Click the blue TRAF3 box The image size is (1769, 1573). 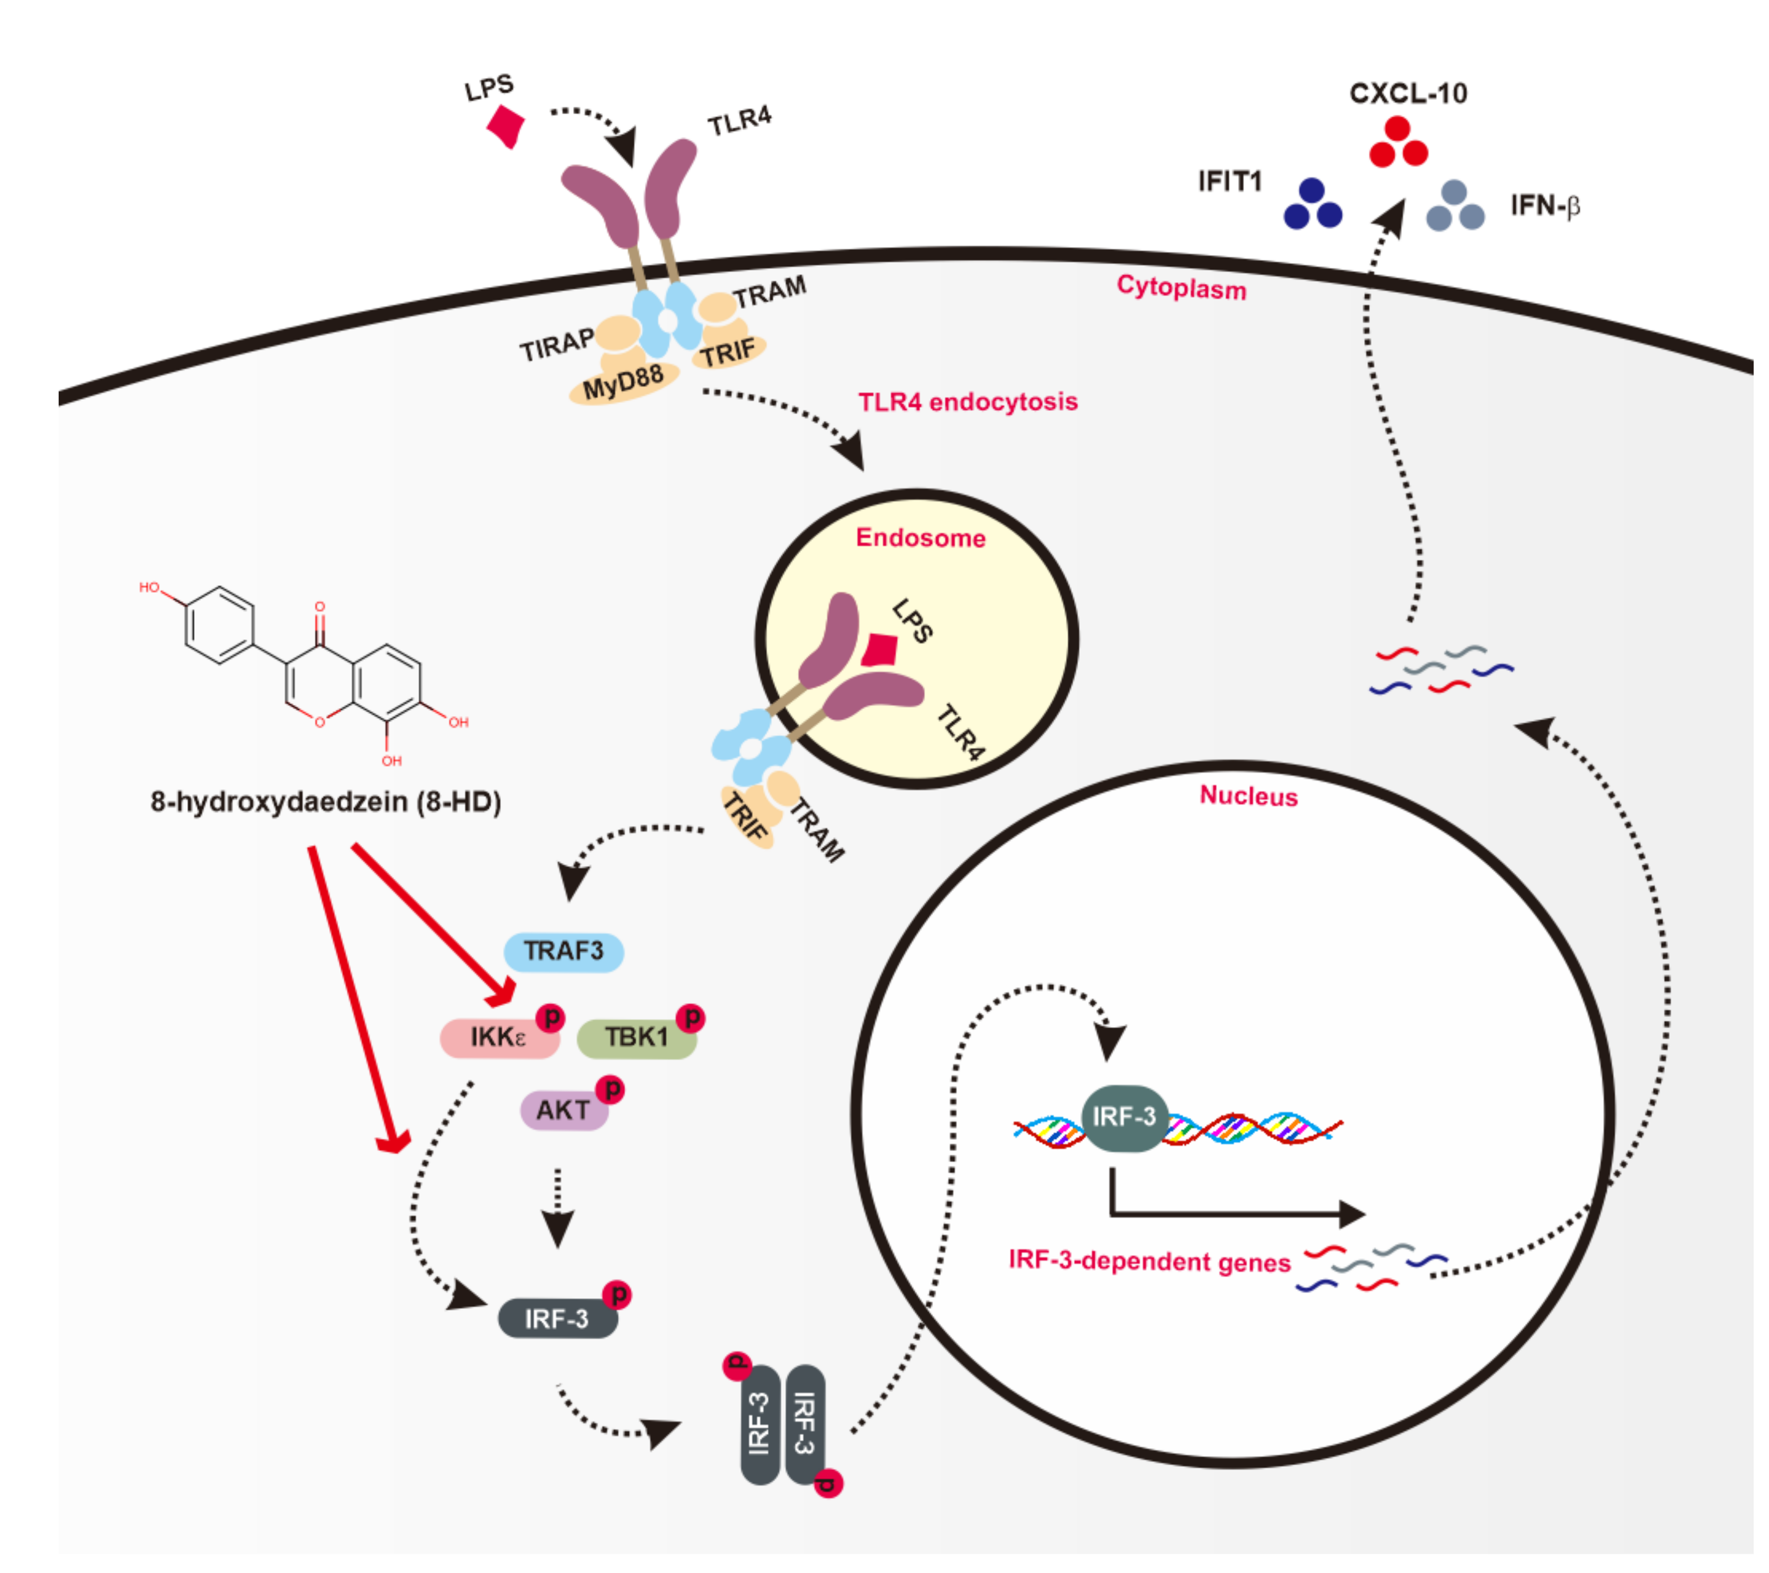(x=563, y=951)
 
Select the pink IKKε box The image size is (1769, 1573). (x=498, y=1037)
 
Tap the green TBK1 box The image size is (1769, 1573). (x=636, y=1037)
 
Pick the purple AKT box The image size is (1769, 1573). (x=563, y=1110)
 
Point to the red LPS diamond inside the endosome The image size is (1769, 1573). (x=882, y=649)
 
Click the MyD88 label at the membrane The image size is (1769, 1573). (x=623, y=382)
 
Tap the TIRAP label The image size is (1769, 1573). (x=556, y=345)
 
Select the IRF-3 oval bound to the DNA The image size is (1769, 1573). (x=1123, y=1118)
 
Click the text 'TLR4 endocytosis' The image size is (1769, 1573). (x=968, y=402)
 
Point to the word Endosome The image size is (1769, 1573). (x=920, y=538)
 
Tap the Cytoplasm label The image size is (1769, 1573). (x=1181, y=288)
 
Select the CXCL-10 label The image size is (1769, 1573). (x=1408, y=93)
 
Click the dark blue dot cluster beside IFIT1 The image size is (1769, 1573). (x=1312, y=205)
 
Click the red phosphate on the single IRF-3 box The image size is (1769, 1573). (x=617, y=1294)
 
